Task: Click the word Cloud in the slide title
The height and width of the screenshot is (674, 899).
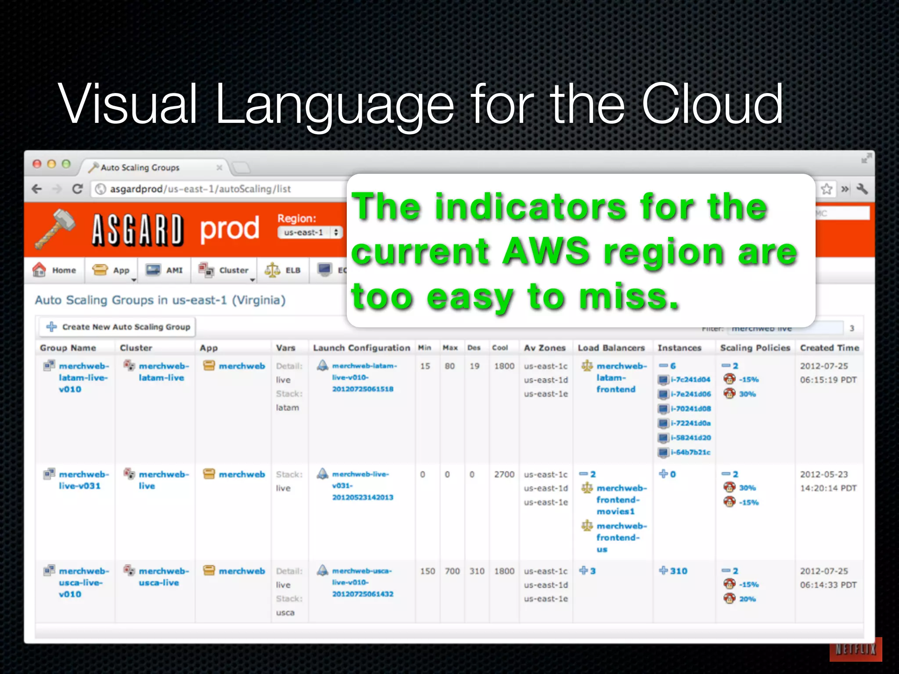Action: tap(712, 104)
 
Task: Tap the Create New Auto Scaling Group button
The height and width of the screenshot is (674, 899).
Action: tap(118, 327)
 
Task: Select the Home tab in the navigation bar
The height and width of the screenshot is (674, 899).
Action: tap(55, 270)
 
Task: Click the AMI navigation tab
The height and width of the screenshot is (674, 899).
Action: tap(165, 270)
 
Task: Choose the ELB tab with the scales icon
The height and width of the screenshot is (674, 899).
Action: tap(283, 270)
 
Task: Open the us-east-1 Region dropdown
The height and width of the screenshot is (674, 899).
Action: tap(310, 233)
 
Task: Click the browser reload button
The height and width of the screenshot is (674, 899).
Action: tap(78, 189)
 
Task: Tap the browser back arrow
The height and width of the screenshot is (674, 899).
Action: tap(37, 189)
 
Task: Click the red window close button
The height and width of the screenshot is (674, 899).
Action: tap(37, 164)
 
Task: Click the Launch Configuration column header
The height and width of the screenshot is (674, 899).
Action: tap(361, 348)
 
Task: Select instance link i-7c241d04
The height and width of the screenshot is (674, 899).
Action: tap(690, 380)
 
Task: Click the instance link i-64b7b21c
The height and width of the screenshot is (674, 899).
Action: tap(690, 452)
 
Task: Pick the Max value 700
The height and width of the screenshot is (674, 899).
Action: tap(452, 571)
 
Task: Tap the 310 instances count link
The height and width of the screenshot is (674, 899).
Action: tap(678, 571)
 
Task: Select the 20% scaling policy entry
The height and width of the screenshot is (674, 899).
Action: tap(747, 599)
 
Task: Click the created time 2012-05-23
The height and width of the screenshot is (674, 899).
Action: tap(823, 474)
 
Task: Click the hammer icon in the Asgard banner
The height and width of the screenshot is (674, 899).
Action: tap(55, 228)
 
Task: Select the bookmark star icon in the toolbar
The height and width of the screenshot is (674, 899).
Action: tap(827, 189)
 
